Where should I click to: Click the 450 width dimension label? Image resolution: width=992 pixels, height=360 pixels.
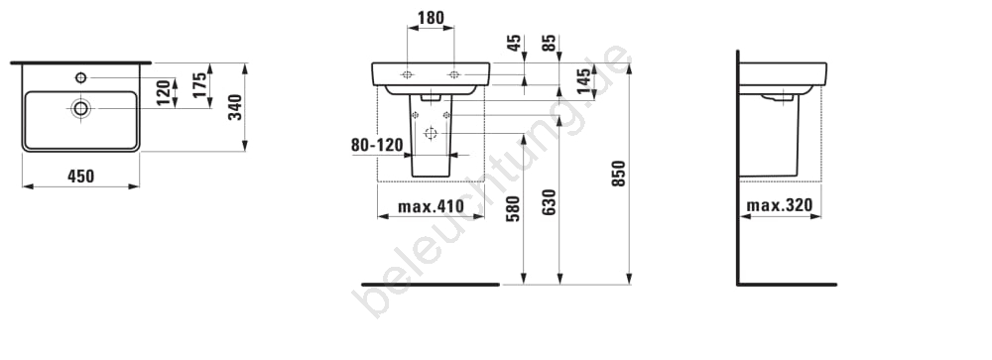pos(81,176)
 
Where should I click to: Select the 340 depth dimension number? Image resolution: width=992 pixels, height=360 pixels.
pos(235,107)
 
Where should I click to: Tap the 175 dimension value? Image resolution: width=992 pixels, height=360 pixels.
pos(200,85)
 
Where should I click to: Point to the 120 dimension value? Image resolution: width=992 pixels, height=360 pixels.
pos(164,93)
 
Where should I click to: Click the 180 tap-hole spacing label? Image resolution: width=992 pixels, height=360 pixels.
pos(431,18)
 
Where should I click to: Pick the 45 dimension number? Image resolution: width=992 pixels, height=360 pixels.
pos(514,43)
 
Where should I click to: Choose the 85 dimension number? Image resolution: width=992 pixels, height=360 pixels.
pos(550,43)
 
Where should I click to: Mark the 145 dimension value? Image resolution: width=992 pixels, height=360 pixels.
pos(584,81)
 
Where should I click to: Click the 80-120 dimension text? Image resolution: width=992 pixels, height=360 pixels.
pos(377,146)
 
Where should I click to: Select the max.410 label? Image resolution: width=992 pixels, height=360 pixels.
pos(431,206)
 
